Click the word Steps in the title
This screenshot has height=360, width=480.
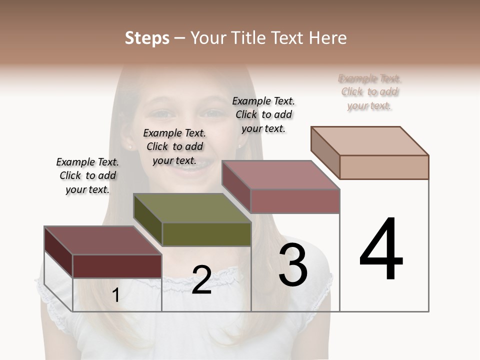tap(147, 38)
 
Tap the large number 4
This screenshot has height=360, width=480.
tap(381, 250)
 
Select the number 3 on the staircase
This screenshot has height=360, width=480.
tap(293, 265)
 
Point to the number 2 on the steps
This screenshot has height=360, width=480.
tap(201, 280)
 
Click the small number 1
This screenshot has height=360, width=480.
tap(115, 295)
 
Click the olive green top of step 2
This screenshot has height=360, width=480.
tap(193, 208)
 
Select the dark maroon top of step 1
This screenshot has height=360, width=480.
tap(103, 240)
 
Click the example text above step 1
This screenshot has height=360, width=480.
tap(87, 175)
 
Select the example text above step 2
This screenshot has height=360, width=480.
tap(174, 146)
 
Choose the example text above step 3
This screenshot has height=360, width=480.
tap(263, 114)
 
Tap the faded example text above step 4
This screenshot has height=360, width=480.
tap(370, 92)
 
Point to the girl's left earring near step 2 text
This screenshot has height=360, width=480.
tap(130, 147)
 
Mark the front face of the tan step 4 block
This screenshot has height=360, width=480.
tap(384, 167)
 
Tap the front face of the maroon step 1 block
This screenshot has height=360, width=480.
tap(117, 266)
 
